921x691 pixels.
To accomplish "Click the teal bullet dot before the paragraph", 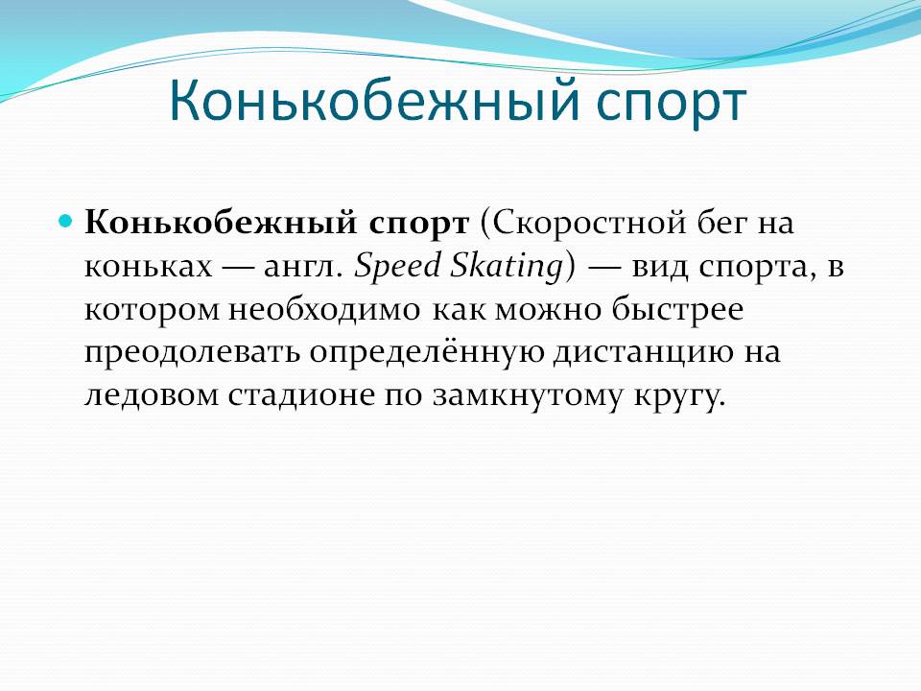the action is [66, 222].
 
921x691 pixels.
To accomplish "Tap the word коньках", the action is [148, 267].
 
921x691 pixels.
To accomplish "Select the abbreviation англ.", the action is [303, 268].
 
